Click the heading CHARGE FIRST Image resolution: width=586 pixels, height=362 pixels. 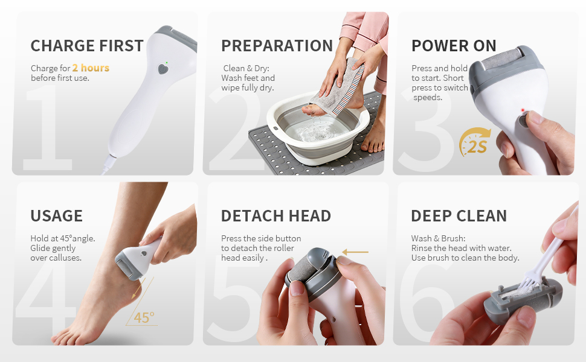coord(87,46)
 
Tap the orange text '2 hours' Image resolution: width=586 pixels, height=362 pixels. coord(91,68)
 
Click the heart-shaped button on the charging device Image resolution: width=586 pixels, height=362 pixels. coord(163,69)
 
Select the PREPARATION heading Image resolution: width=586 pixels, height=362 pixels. coord(277,46)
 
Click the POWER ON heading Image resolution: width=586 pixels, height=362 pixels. coord(454,46)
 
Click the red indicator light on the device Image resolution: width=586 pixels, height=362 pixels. coord(521,110)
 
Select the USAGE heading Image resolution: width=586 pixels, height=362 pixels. coord(56,216)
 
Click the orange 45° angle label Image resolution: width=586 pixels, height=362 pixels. coord(144,317)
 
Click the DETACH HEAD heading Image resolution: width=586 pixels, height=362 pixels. coord(276,216)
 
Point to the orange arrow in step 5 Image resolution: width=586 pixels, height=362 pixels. coord(356,252)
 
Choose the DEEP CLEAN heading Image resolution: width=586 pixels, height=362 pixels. coord(459,216)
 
